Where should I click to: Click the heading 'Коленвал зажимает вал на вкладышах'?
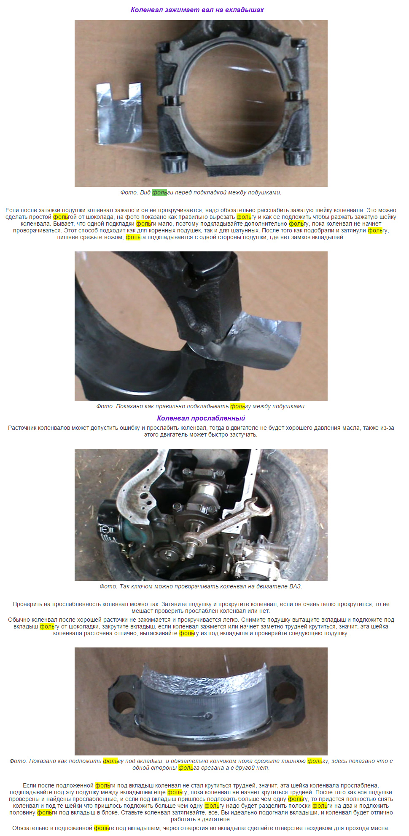coord(197,10)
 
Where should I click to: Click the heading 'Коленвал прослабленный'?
coord(201,418)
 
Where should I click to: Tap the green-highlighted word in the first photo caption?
coord(160,192)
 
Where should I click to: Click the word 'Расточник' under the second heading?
coord(22,428)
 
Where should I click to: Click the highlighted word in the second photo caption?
coord(238,406)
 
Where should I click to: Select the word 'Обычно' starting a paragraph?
coord(18,620)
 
